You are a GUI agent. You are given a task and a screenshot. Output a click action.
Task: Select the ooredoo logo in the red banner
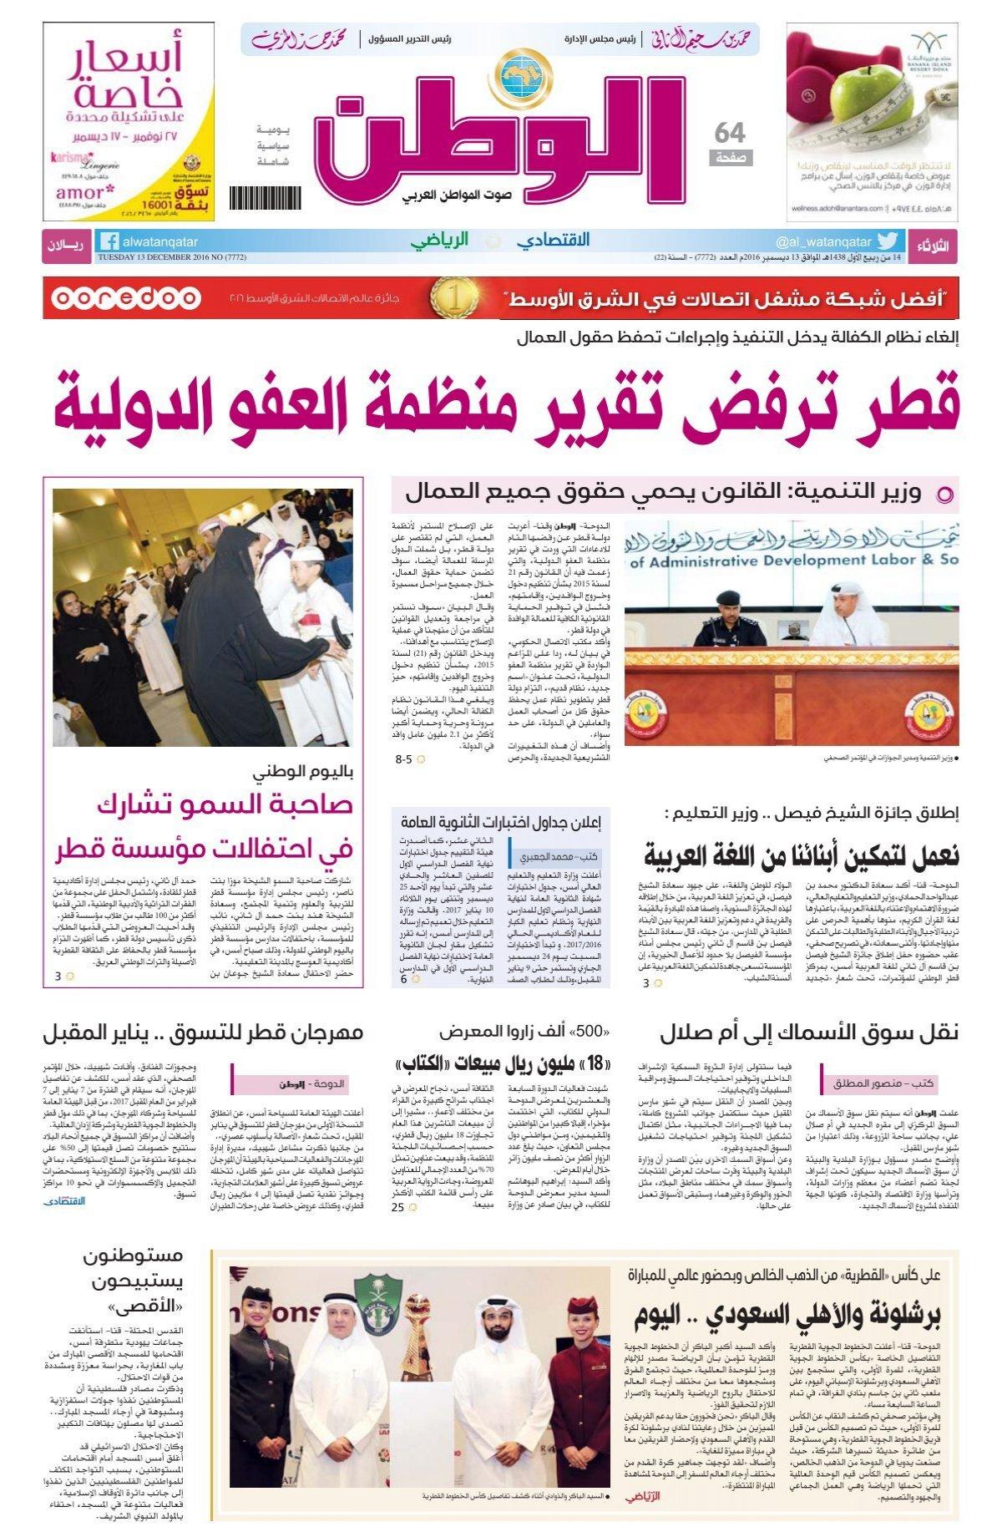(x=124, y=298)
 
